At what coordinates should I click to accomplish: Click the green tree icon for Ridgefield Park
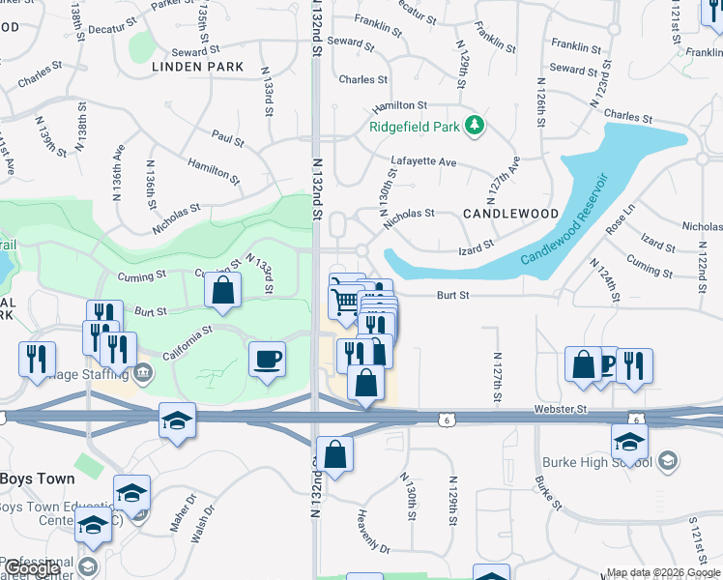click(x=475, y=125)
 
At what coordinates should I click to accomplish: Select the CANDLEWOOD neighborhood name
click(x=510, y=213)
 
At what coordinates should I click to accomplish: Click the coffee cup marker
click(x=268, y=360)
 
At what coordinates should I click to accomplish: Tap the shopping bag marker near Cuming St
click(x=222, y=290)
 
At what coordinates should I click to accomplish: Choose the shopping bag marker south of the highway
click(x=334, y=455)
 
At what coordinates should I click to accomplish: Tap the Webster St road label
click(x=561, y=410)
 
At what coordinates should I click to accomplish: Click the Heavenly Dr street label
click(x=372, y=532)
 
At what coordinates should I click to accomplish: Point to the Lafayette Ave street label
click(x=423, y=162)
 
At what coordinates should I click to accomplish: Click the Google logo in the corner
click(x=33, y=568)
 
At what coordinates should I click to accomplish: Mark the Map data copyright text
click(x=662, y=572)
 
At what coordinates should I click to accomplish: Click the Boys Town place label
click(x=33, y=479)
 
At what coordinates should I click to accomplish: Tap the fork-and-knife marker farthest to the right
click(x=634, y=366)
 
